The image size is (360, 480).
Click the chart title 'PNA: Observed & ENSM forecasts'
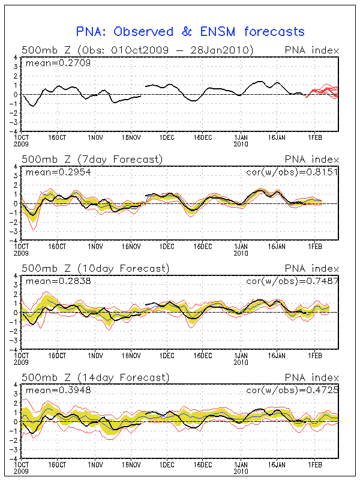tap(190, 31)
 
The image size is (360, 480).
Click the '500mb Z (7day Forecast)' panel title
tap(92, 160)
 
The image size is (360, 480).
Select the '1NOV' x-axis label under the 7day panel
tap(94, 246)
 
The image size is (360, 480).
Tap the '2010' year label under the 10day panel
tap(241, 362)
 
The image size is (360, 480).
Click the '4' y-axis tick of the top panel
tap(16, 58)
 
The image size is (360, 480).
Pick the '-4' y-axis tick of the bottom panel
tap(14, 458)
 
